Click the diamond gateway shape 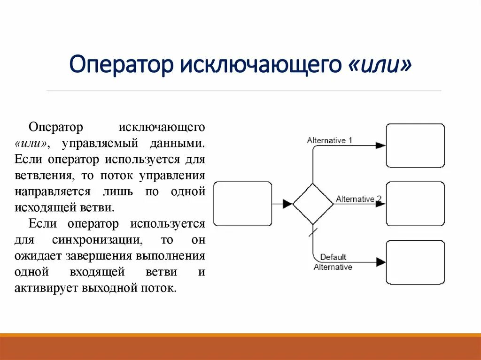(312, 204)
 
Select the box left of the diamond (242, 204)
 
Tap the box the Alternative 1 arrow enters (415, 146)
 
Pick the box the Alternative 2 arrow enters (415, 204)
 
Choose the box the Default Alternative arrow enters (415, 262)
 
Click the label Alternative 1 (329, 140)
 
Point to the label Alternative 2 (358, 199)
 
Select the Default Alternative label (333, 262)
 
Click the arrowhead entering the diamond (287, 204)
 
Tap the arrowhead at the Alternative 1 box (381, 146)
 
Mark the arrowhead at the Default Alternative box (381, 262)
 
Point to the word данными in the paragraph (182, 143)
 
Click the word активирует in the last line (46, 288)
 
